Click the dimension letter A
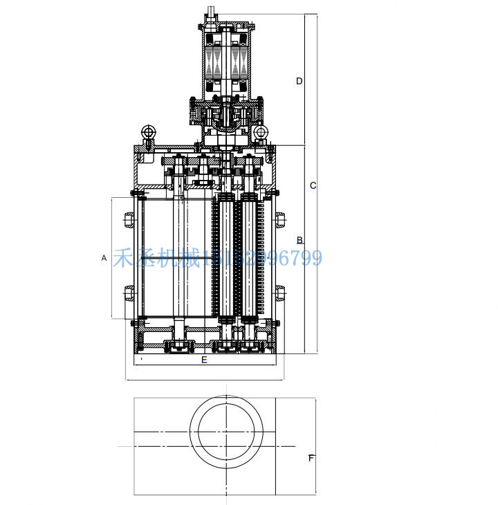pyautogui.click(x=104, y=258)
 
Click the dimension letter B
pyautogui.click(x=299, y=240)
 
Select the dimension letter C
pyautogui.click(x=313, y=185)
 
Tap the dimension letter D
pyautogui.click(x=299, y=81)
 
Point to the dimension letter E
pyautogui.click(x=204, y=360)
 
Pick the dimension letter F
pyautogui.click(x=311, y=458)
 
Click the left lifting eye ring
pyautogui.click(x=147, y=132)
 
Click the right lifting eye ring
pyautogui.click(x=261, y=131)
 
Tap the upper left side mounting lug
pyautogui.click(x=129, y=221)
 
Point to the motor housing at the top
pyautogui.click(x=227, y=59)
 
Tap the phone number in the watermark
pyautogui.click(x=263, y=259)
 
